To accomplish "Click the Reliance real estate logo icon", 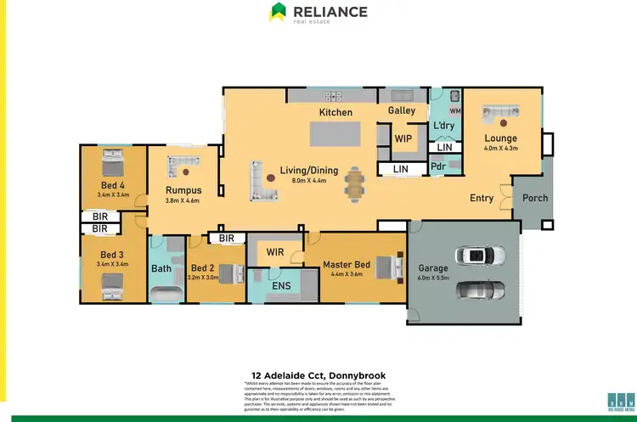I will coord(278,12).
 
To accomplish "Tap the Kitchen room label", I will coord(335,112).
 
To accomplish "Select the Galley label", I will coord(402,110).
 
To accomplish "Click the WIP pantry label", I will coord(403,138).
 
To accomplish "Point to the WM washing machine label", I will coord(454,110).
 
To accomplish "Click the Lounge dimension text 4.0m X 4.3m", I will coord(500,149).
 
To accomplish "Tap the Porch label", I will coord(535,198).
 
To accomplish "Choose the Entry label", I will coord(482,198).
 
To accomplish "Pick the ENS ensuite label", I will coord(281,286).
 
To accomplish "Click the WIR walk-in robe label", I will coord(274,252).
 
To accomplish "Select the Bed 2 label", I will coord(204,266).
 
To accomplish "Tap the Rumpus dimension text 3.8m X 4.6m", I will coord(182,201).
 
